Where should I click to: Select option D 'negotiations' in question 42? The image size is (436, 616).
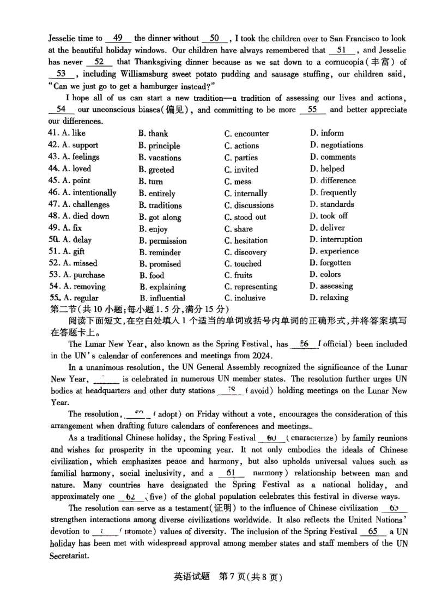pos(336,145)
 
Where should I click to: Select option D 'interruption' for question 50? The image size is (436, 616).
pos(336,239)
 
